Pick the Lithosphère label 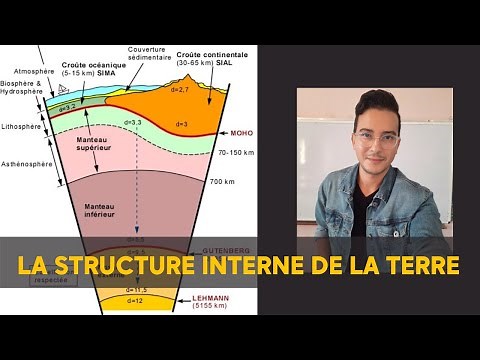click(x=22, y=128)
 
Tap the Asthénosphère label click(x=25, y=162)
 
